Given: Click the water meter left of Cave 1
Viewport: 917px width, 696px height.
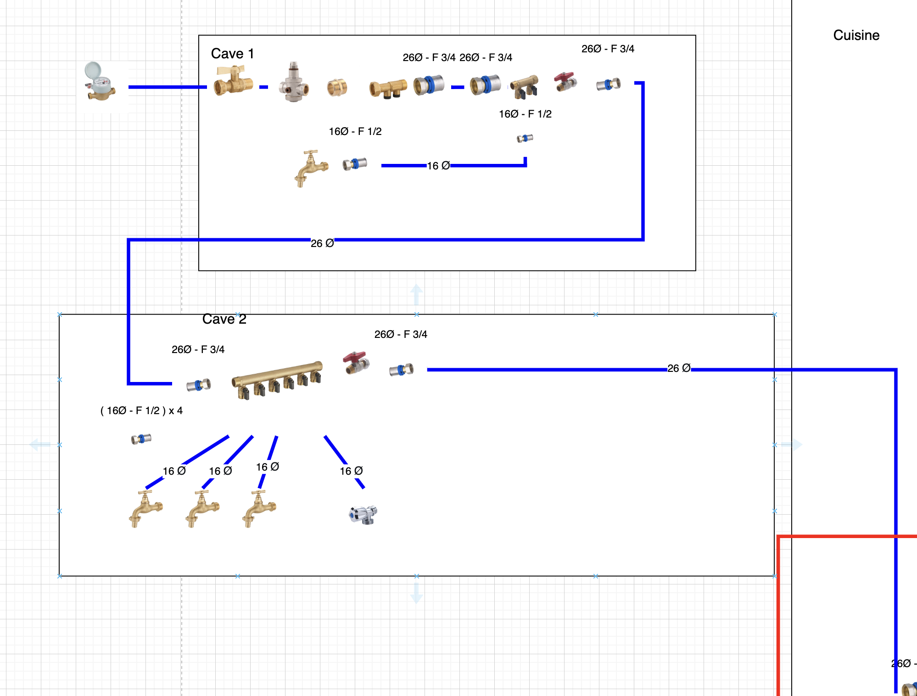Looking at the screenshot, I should tap(100, 82).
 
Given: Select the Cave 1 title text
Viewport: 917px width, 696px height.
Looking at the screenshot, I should tap(232, 54).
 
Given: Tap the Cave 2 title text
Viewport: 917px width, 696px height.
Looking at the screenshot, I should tap(224, 319).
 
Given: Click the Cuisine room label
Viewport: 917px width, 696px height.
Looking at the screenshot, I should tap(856, 35).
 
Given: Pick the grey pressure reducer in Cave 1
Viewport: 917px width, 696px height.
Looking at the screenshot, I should tap(294, 83).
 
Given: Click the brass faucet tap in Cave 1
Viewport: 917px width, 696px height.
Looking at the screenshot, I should tap(311, 168).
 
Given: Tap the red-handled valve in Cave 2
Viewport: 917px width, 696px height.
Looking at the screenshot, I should tap(356, 363).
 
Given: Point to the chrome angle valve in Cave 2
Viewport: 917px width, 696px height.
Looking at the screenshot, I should tap(363, 515).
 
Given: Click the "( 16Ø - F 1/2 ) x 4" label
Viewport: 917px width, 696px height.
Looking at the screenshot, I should tap(141, 410).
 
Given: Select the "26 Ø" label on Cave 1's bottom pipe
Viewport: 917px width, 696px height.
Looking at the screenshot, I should tap(322, 243).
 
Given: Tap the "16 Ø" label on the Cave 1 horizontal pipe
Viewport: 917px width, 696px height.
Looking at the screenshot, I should tap(438, 166).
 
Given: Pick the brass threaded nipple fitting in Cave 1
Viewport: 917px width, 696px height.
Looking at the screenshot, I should tap(337, 87).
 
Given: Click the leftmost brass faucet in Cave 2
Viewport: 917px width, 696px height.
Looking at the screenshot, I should tap(145, 508).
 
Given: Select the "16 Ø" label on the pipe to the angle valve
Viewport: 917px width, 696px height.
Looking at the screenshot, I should tap(351, 471).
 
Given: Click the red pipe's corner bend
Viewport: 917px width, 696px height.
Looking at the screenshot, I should tap(778, 536).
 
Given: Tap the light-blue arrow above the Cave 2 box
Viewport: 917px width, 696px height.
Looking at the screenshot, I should tap(416, 294).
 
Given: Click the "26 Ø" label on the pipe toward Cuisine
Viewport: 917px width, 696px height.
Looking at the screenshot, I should tap(679, 368).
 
